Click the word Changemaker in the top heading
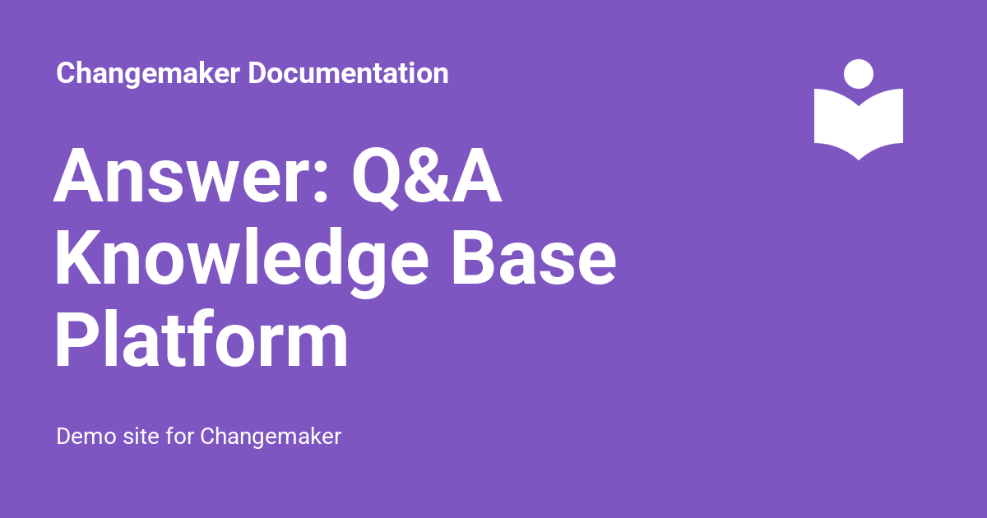148,73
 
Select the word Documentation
348,72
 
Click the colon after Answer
320,182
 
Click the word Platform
202,339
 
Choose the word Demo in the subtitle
86,436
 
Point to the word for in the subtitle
180,436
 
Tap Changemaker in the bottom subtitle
271,437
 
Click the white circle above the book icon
859,74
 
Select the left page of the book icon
836,121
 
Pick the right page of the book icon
881,121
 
